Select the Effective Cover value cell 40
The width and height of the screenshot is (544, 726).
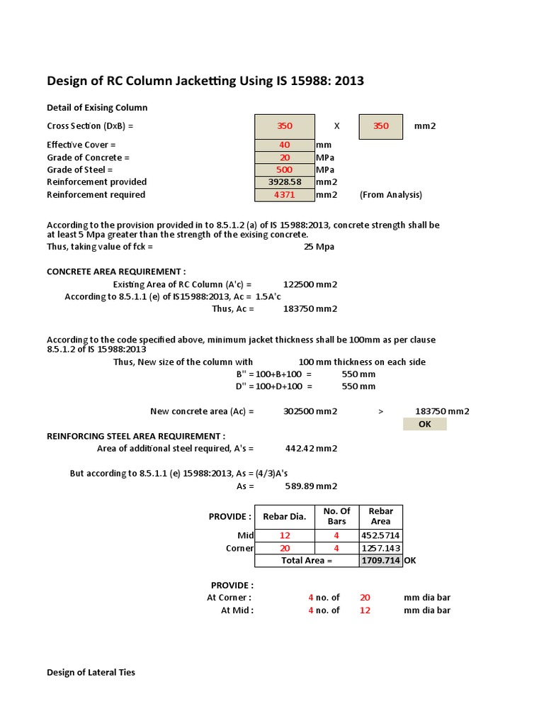284,145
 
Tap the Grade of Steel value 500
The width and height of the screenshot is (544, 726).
284,169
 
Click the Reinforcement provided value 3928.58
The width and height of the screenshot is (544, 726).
284,182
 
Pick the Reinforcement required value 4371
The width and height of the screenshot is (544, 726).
284,194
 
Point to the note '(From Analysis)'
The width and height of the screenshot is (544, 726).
390,195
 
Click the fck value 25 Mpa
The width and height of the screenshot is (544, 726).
319,247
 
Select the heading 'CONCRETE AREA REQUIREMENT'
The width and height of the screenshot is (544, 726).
116,272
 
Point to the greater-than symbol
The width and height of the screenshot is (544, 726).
381,411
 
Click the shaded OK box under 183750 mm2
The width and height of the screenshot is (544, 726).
424,424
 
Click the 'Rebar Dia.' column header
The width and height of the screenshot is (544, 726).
284,517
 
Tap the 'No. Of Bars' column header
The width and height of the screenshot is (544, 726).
336,516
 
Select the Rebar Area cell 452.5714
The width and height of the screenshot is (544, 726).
380,535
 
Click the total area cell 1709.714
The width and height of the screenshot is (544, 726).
380,560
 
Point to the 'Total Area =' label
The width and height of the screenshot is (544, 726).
307,560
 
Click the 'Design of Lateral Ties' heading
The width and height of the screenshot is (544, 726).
91,672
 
